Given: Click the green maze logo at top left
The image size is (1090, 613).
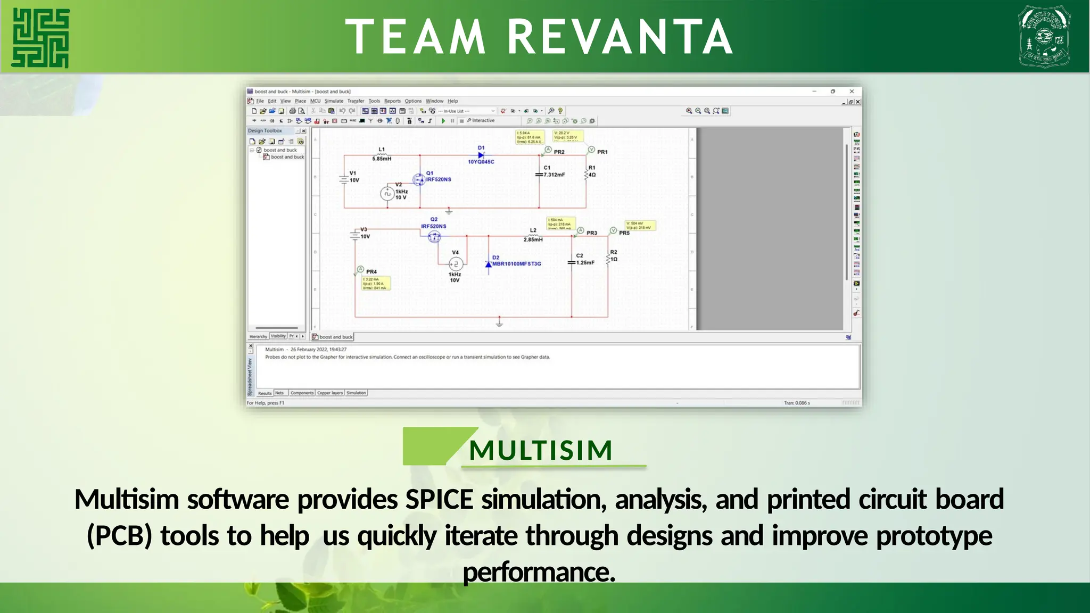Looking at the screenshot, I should point(40,38).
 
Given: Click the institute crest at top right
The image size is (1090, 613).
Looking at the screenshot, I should point(1044,37).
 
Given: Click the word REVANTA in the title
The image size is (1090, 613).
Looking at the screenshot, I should point(620,37).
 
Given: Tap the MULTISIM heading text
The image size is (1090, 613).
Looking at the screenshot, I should point(541,450).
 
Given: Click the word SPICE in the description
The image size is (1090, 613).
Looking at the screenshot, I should point(439,500).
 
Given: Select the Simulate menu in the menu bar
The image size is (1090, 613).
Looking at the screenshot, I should point(334,101).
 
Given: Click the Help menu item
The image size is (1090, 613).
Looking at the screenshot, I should point(452,101).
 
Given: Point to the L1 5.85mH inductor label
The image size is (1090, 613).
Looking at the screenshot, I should point(382,154).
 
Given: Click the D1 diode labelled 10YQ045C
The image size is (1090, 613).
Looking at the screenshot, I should point(481,155).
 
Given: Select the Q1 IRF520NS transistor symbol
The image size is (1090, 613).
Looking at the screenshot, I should point(419,179).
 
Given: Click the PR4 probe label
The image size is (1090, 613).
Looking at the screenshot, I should point(371,272).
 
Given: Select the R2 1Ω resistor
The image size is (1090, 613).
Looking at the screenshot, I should point(609,258).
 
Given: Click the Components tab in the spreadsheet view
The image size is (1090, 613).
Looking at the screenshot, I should point(302,393).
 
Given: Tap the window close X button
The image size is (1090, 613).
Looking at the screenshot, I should point(852,92).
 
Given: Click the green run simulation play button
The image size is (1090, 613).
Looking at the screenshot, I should point(443,121).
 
